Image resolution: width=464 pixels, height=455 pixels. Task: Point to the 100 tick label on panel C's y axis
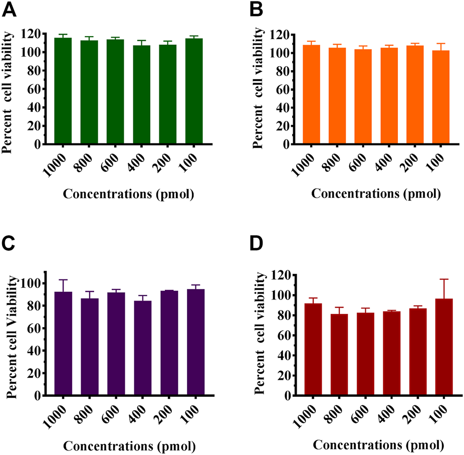33,283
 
